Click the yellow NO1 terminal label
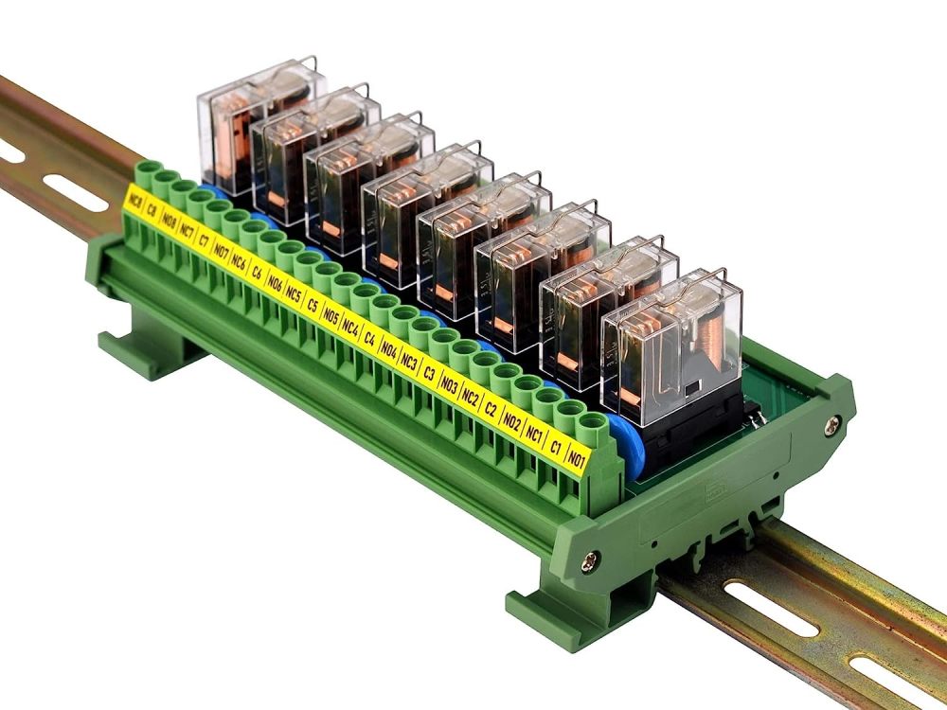(x=576, y=461)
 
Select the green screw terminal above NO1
(x=592, y=422)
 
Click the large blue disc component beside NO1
(x=625, y=445)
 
